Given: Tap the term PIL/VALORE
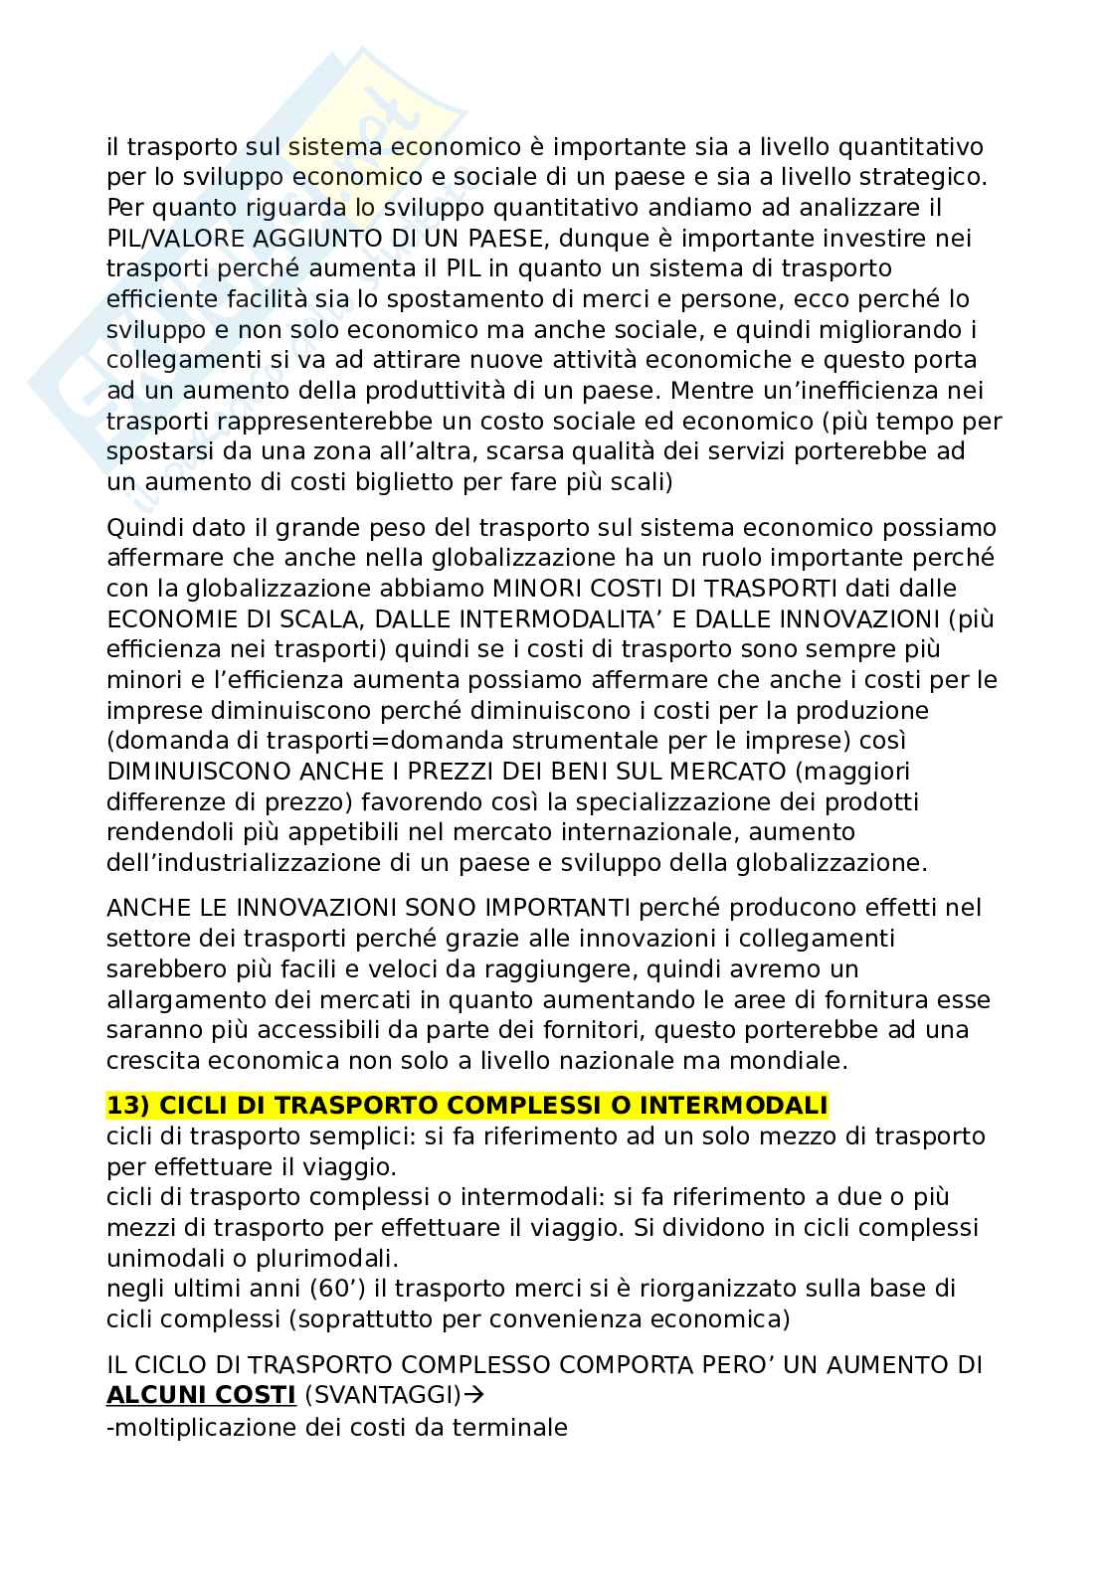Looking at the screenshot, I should (175, 239).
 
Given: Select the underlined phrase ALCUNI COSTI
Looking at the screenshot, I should (201, 1396).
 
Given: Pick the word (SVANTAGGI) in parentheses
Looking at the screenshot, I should (383, 1396).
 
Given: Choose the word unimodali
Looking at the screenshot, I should (160, 1258).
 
